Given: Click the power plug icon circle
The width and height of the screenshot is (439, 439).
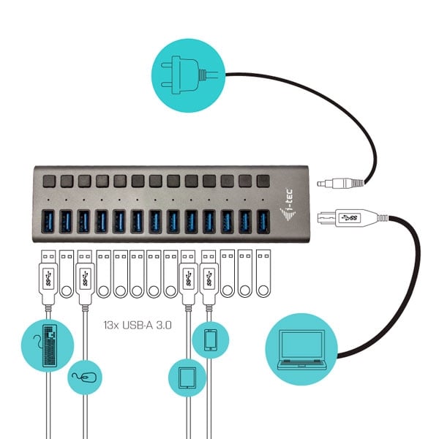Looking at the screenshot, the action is [188, 75].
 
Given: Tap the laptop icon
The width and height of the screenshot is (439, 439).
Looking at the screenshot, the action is [301, 350].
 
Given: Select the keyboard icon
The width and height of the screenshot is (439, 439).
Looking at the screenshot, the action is [49, 345].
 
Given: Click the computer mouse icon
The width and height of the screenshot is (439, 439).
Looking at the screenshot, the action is [85, 378].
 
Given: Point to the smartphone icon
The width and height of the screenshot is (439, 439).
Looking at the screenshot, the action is [210, 340].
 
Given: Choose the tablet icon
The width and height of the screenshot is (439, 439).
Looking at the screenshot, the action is [187, 378].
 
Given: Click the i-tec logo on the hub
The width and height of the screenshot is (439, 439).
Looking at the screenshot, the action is [288, 205].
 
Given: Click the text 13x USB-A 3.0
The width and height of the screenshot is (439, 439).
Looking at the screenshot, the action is [138, 325].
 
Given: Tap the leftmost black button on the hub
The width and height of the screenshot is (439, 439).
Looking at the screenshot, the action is [49, 181].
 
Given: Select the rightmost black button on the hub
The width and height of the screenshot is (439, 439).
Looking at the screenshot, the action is [263, 181].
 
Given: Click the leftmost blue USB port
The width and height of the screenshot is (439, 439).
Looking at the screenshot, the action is [48, 222].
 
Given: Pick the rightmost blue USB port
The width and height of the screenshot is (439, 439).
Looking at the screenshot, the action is [263, 222].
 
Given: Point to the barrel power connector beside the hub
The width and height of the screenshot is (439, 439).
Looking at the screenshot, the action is [340, 184].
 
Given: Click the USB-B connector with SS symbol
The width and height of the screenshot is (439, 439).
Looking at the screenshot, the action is [353, 218].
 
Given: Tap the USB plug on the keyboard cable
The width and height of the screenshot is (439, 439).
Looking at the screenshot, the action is [48, 280].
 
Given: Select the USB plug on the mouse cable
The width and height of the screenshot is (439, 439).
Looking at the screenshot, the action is [85, 280].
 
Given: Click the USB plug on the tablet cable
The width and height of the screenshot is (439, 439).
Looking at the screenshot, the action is [188, 280].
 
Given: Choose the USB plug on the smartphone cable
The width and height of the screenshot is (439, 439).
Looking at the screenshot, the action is [209, 280].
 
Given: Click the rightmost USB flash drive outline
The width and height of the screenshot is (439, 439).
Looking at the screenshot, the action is [263, 273].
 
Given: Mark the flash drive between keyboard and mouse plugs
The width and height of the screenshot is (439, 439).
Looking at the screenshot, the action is [67, 274].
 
